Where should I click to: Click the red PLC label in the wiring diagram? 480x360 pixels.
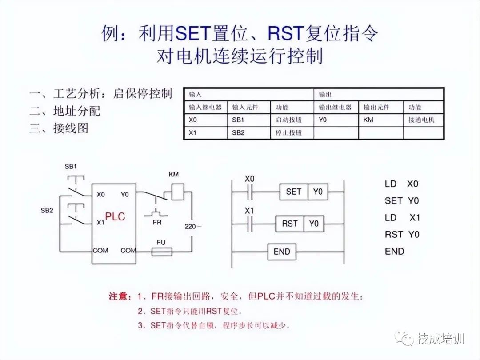pyautogui.click(x=115, y=217)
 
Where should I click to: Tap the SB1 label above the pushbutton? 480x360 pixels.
pyautogui.click(x=71, y=167)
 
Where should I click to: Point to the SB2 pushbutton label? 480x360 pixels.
pyautogui.click(x=47, y=210)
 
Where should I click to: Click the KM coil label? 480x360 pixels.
pyautogui.click(x=174, y=174)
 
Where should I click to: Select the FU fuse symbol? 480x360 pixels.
pyautogui.click(x=162, y=252)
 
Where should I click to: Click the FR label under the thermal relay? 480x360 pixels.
pyautogui.click(x=157, y=222)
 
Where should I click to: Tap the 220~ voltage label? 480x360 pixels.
pyautogui.click(x=193, y=227)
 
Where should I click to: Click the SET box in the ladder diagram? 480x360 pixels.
pyautogui.click(x=293, y=192)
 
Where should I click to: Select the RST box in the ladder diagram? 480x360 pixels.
pyautogui.click(x=290, y=224)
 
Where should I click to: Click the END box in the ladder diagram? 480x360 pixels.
pyautogui.click(x=282, y=252)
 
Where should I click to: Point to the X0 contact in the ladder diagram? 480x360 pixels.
pyautogui.click(x=250, y=192)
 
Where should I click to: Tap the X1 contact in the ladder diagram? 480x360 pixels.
pyautogui.click(x=250, y=224)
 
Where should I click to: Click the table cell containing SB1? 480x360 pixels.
pyautogui.click(x=249, y=120)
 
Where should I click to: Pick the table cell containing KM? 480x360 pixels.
pyautogui.click(x=380, y=120)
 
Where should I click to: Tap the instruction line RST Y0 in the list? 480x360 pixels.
pyautogui.click(x=402, y=234)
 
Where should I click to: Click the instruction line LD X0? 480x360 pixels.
pyautogui.click(x=402, y=184)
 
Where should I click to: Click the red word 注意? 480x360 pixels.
pyautogui.click(x=120, y=296)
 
